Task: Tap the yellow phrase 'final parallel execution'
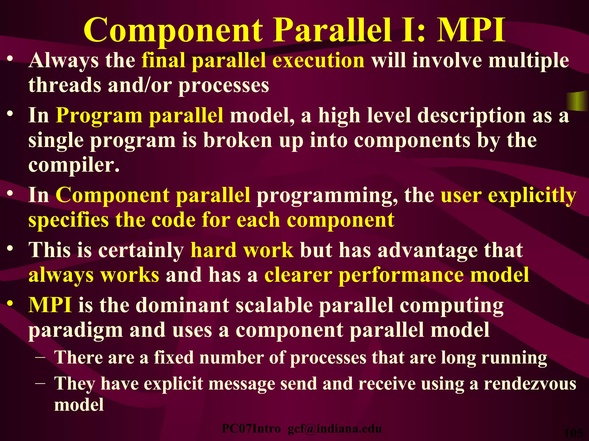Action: [253, 61]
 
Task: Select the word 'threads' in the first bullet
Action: [65, 85]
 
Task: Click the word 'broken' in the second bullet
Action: [238, 140]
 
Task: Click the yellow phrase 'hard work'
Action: [242, 250]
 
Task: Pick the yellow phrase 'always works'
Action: [94, 275]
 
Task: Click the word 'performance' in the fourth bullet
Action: [401, 275]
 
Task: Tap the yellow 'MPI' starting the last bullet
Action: [50, 305]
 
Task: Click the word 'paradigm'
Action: [76, 330]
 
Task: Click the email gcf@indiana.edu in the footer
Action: [334, 429]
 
